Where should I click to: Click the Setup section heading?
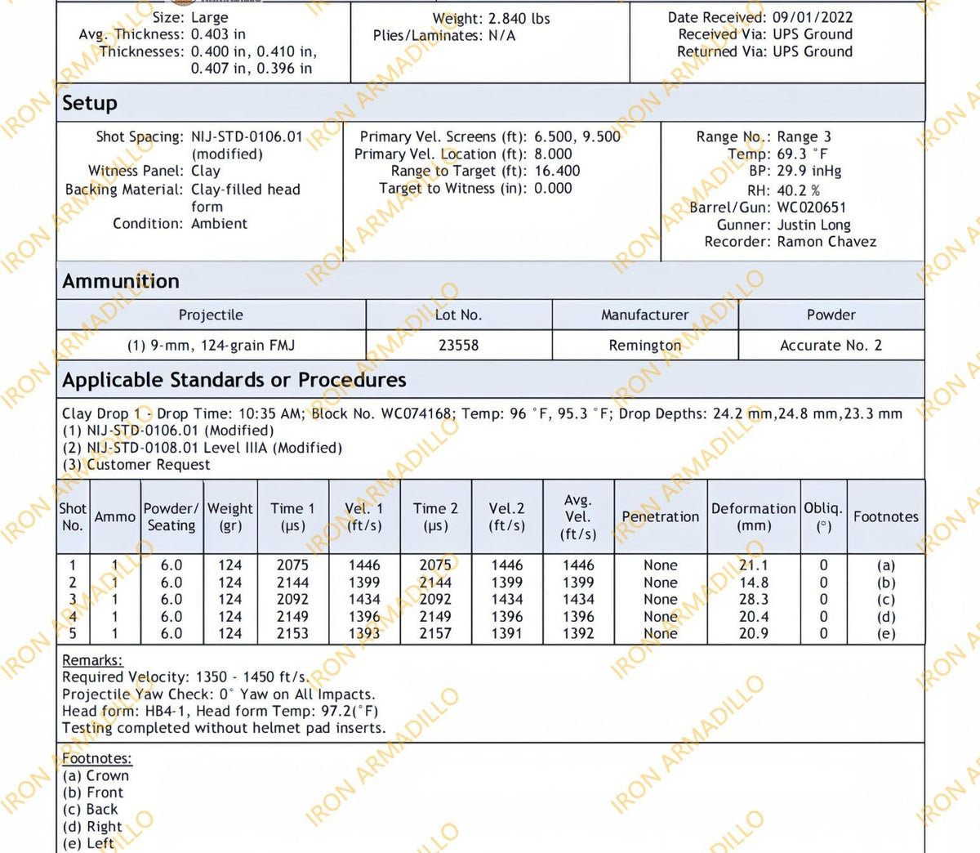[90, 104]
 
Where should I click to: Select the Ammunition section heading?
[121, 281]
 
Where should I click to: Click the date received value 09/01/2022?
[813, 17]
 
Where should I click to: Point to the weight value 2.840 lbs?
[519, 18]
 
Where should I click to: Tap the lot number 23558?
[458, 346]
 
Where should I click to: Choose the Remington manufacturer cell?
[644, 346]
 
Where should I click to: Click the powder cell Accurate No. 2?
[831, 346]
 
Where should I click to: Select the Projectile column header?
[211, 315]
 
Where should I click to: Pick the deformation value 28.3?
[753, 600]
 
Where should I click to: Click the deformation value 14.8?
[753, 583]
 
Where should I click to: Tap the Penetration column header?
[660, 517]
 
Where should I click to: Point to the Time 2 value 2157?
[435, 634]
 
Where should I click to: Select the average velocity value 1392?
[578, 634]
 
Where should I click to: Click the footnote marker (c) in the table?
[885, 600]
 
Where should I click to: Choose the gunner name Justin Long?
[813, 225]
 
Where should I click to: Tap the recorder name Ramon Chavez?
[826, 242]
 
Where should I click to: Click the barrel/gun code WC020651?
[811, 208]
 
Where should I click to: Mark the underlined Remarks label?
[92, 660]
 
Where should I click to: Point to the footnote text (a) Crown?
[96, 775]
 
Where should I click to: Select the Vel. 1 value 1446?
[364, 565]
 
